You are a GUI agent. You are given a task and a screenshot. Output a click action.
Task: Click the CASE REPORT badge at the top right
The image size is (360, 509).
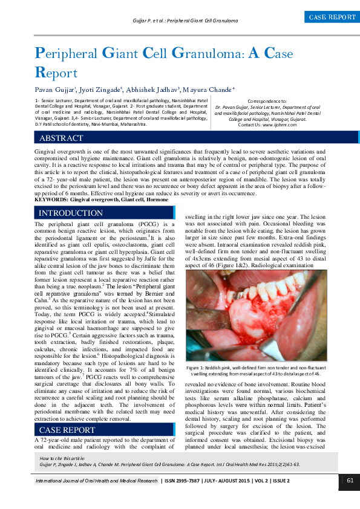(332, 18)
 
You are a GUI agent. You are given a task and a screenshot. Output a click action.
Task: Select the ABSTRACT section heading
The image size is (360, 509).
(61, 138)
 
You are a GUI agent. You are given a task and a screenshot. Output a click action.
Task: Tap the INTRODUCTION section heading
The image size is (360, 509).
(71, 213)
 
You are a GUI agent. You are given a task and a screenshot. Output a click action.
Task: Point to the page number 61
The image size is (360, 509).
(350, 481)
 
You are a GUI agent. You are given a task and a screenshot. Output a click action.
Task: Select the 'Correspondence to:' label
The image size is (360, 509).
(267, 100)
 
